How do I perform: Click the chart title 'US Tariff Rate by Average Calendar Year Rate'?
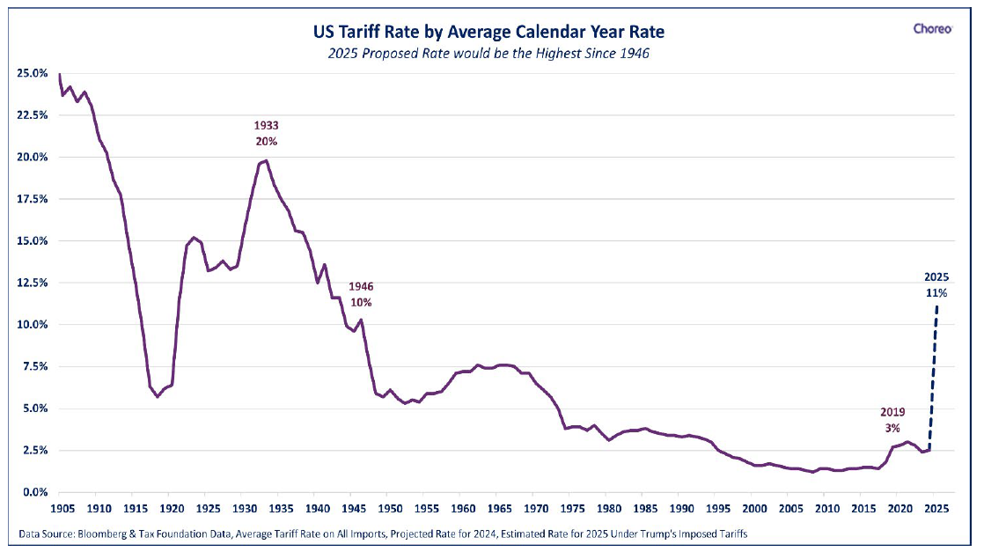coord(488,32)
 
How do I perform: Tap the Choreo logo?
coord(933,28)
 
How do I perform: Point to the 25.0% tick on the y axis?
coord(32,73)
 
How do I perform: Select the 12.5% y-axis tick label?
coord(32,283)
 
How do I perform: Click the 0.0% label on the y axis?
coord(35,492)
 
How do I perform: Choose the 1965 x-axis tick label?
coord(499,508)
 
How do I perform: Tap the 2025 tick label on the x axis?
coord(936,508)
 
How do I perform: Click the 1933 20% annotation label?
coord(266,134)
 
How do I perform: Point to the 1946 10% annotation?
coord(361,295)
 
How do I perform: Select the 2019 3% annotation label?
coord(892,420)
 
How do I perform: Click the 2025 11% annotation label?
coord(936,285)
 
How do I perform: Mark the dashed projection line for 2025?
coord(933,377)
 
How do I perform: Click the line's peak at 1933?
coord(266,161)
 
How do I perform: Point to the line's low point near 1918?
coord(157,397)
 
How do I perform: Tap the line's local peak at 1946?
coord(361,320)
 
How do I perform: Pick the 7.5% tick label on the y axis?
coord(35,366)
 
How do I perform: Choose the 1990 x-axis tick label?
coord(681,508)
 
